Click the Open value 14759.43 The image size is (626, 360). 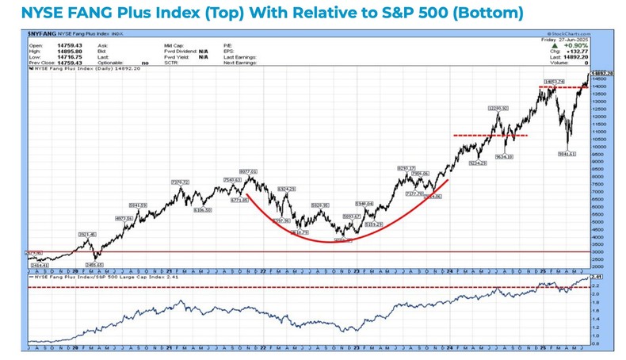pos(58,45)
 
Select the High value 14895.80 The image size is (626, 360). pos(58,50)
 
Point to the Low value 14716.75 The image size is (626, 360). pos(58,56)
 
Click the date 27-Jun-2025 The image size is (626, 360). pos(572,40)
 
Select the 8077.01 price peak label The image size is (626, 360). pos(250,171)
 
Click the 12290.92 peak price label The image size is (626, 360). pos(498,108)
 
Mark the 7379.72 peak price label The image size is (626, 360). pos(180,182)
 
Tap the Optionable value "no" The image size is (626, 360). pos(144,61)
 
